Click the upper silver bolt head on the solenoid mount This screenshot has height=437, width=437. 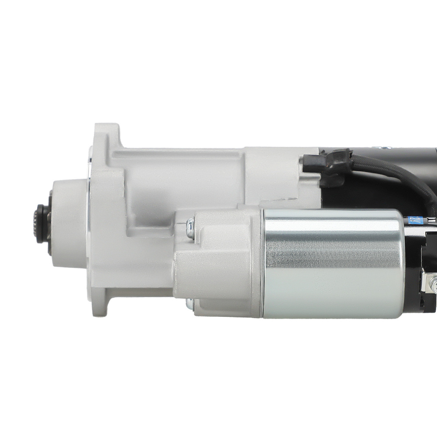click(189, 228)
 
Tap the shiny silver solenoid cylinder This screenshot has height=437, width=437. click(332, 262)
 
